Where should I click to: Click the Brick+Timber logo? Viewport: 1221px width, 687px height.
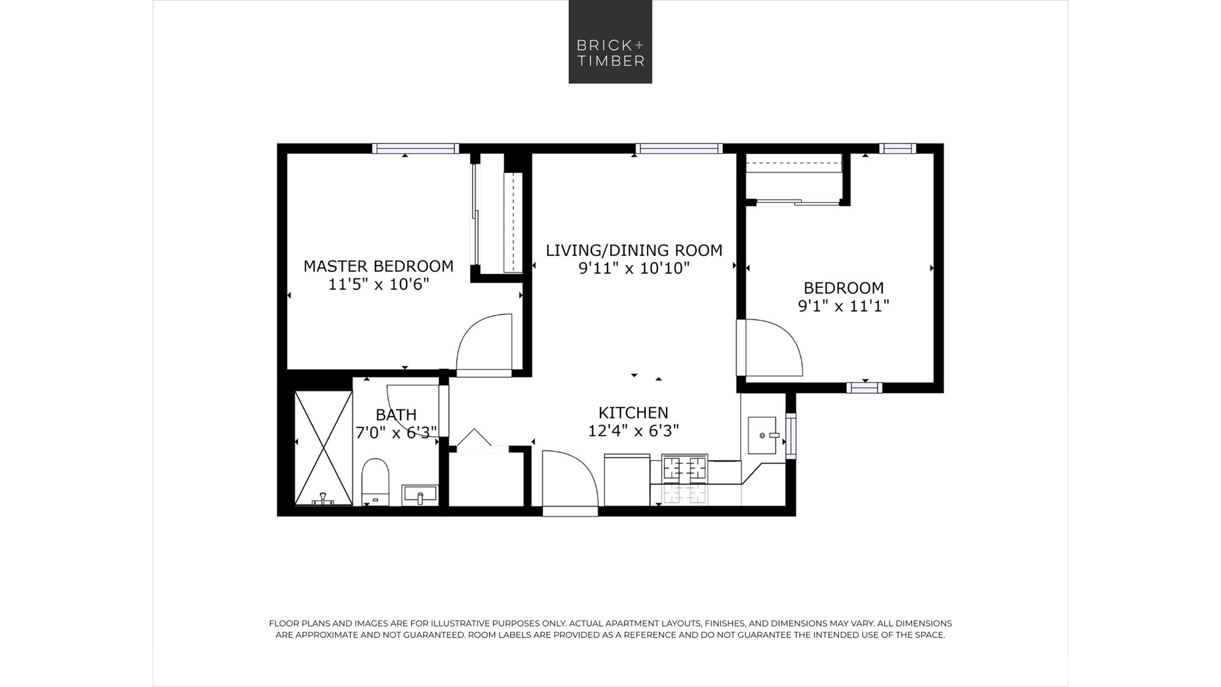tap(610, 42)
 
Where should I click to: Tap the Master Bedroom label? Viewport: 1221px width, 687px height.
tap(379, 266)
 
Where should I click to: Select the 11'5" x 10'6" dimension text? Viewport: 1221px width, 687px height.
tap(379, 285)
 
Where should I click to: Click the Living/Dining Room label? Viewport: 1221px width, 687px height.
tap(634, 250)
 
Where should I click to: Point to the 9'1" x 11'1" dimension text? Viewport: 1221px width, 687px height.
tap(844, 306)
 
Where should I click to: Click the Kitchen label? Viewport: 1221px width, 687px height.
tap(633, 413)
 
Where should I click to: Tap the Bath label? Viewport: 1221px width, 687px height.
tap(396, 415)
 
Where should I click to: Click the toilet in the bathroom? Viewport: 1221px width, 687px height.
tap(375, 482)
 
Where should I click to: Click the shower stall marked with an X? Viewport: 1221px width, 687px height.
tap(324, 448)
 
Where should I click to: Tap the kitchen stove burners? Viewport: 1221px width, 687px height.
tap(685, 469)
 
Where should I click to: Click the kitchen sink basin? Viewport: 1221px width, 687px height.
tap(763, 435)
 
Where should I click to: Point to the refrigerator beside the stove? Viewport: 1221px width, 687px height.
tap(627, 480)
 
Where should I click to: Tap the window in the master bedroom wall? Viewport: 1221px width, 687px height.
tap(415, 148)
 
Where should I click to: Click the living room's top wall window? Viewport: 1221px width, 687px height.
tap(679, 148)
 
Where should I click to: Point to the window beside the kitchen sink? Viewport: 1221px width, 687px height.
tap(791, 436)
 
